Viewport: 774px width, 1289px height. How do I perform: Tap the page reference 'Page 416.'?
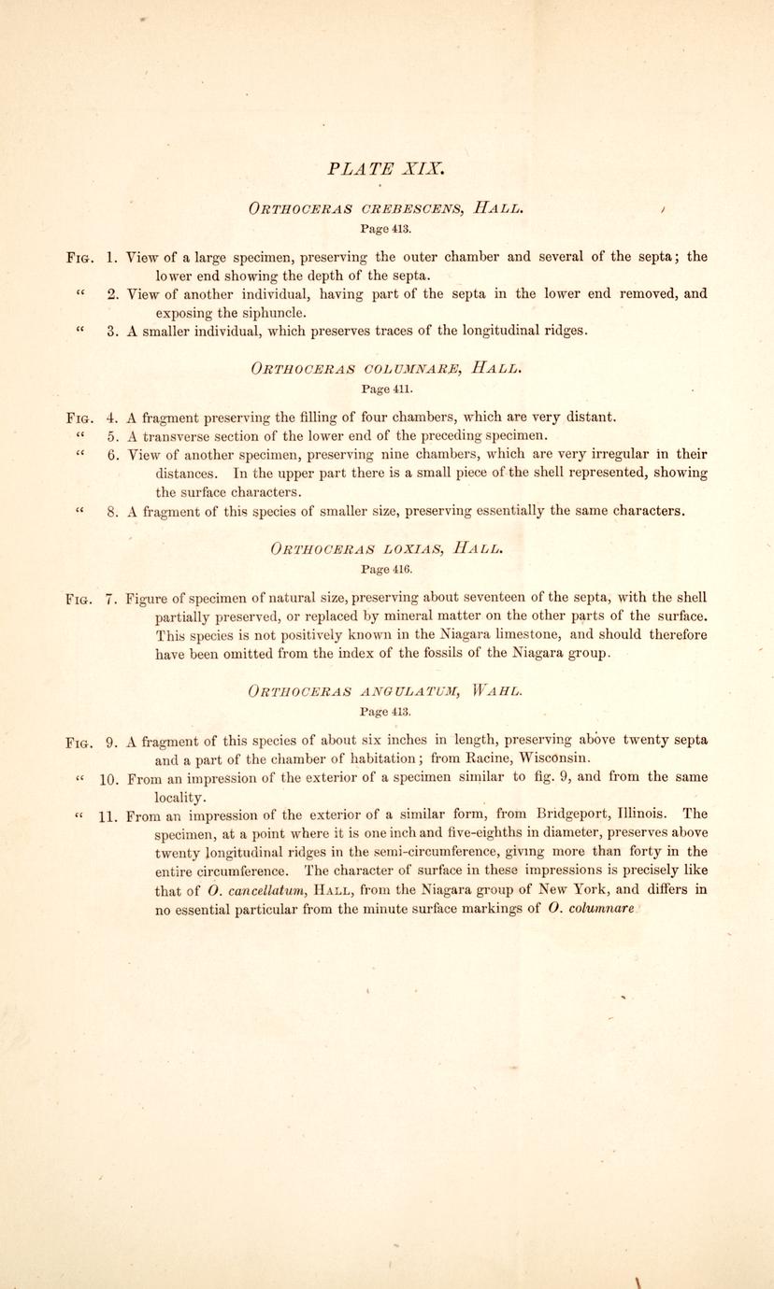[386, 567]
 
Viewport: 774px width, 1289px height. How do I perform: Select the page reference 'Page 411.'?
[386, 387]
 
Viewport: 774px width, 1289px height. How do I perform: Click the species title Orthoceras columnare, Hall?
[385, 367]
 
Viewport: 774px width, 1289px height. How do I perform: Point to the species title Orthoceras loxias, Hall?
[385, 547]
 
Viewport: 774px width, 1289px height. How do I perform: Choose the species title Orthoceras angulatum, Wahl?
[385, 691]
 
